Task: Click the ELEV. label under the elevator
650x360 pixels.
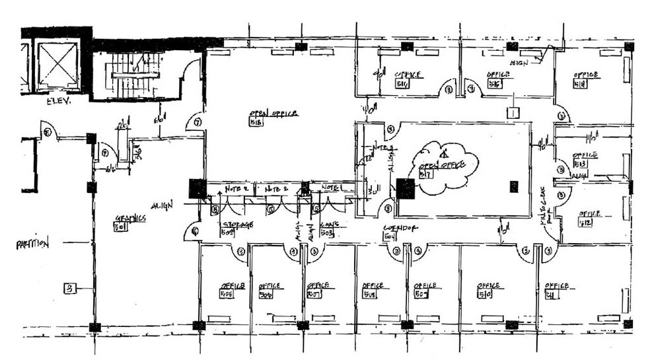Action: [58, 102]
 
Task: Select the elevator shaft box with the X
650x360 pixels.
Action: [57, 66]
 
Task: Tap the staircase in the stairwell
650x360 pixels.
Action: [135, 75]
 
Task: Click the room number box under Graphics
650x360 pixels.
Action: [120, 227]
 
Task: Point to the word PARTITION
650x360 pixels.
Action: [32, 244]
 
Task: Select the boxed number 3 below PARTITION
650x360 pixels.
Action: [69, 287]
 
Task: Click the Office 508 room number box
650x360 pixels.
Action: [369, 295]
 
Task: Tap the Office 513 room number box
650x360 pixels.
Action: [580, 164]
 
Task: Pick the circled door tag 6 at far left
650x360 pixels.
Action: [48, 132]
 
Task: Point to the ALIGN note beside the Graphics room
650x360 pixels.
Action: [162, 205]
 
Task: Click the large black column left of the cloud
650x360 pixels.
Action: [406, 189]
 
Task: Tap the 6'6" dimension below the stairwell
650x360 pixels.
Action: [159, 120]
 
